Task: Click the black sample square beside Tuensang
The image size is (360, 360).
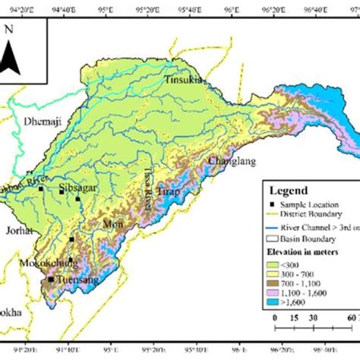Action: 51,279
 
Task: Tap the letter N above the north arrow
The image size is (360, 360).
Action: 8,30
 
